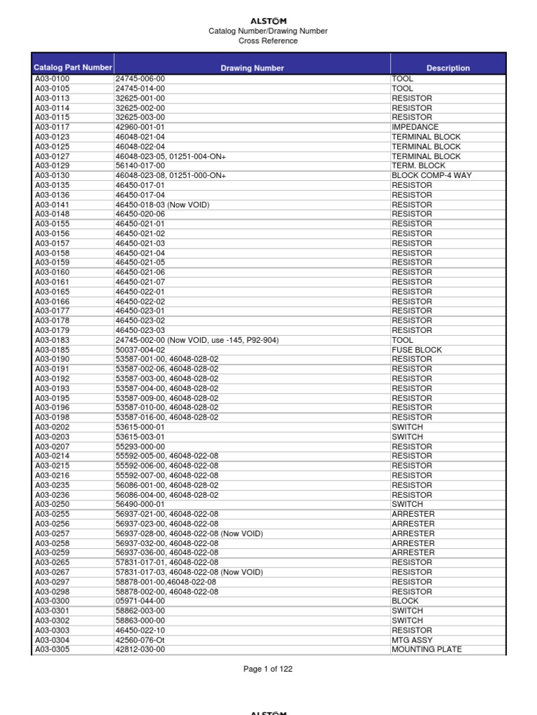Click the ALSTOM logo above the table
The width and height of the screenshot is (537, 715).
point(268,22)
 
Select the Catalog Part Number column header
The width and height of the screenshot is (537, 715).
point(73,68)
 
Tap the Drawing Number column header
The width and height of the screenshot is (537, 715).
point(252,68)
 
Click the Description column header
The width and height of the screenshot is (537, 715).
point(448,68)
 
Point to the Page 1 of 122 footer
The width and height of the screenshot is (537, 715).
point(268,669)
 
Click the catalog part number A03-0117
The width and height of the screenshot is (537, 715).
point(52,128)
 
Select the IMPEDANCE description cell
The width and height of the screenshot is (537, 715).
point(415,128)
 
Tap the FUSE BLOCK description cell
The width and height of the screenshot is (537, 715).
point(417,350)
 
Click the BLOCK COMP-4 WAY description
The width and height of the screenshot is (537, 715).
point(431,176)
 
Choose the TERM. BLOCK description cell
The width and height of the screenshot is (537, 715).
point(418,166)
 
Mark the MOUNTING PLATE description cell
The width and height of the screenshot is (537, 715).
point(426,649)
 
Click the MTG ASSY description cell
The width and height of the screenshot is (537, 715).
point(412,640)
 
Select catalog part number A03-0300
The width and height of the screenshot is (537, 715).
point(52,601)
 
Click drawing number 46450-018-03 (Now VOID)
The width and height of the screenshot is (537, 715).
point(162,205)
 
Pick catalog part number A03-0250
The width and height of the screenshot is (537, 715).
point(52,504)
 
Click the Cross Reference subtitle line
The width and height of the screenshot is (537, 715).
point(268,40)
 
